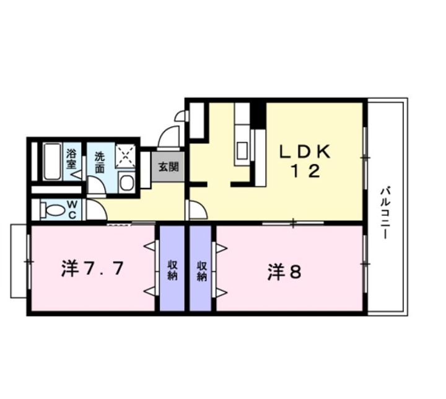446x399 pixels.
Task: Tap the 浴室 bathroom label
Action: (72, 159)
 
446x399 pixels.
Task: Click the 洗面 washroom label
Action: (99, 162)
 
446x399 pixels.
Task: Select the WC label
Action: (72, 209)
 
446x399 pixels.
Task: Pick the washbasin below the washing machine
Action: (126, 182)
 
